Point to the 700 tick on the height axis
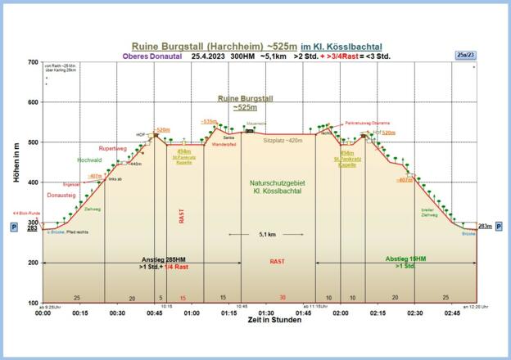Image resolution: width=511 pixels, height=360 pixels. tap(33, 62)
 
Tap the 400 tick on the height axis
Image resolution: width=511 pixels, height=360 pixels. tap(33, 182)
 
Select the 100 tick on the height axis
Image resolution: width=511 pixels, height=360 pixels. tap(33, 303)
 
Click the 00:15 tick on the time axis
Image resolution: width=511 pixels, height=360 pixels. tap(80, 313)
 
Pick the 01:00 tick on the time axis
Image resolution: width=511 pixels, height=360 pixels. tap(192, 313)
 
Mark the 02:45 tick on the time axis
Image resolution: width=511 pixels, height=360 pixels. tap(452, 313)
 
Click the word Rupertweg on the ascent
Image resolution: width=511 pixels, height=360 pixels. tap(112, 149)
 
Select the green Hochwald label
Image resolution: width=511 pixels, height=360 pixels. tap(89, 161)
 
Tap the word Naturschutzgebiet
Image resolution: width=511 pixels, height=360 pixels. tap(278, 182)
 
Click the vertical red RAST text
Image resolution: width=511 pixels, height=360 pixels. tap(183, 216)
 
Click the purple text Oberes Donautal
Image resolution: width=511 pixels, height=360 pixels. tap(151, 56)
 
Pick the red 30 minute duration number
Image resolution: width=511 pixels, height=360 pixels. tap(283, 297)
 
